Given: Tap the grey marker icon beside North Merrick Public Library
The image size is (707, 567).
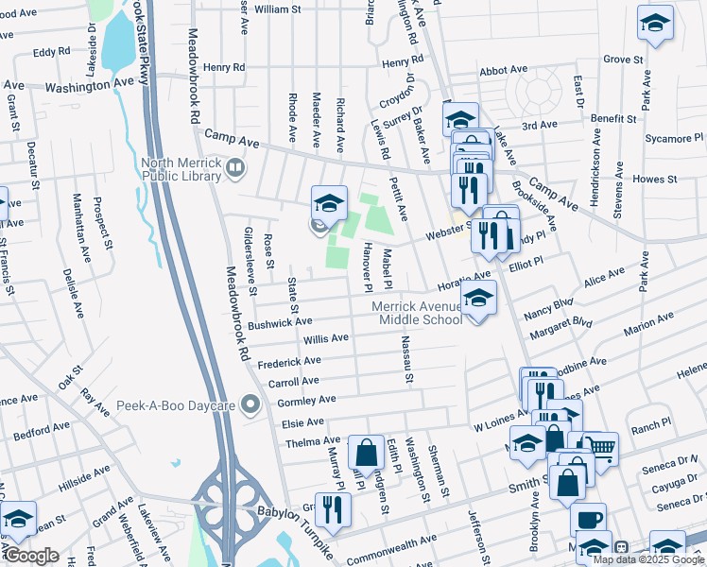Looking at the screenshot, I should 235,168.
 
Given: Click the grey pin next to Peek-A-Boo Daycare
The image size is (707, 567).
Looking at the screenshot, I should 250,406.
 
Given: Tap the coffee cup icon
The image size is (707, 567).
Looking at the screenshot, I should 588,519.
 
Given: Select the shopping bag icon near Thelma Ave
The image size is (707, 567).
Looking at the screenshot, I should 365,453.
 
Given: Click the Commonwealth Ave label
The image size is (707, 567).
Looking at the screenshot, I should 391,545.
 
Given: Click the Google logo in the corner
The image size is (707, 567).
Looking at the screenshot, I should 31,556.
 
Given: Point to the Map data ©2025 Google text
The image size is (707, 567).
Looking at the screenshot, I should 647,559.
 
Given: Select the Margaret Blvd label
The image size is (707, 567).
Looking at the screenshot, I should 561,328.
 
